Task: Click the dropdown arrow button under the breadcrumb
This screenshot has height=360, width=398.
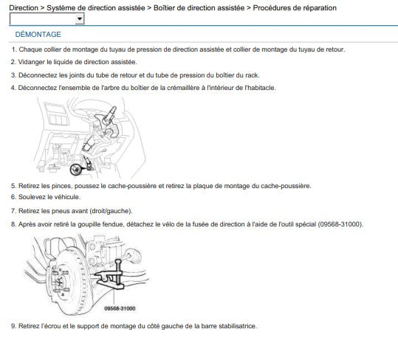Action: (x=80, y=19)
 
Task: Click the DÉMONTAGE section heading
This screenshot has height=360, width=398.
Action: (x=38, y=35)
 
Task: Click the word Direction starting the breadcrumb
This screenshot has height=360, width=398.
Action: (x=24, y=8)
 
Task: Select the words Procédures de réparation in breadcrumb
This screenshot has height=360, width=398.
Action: (x=295, y=8)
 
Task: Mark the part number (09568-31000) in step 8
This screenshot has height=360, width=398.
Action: (x=340, y=224)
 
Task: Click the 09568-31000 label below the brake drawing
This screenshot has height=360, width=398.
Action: (x=120, y=308)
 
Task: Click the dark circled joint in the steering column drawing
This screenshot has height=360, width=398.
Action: (x=75, y=170)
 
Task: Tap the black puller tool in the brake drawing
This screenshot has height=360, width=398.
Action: (x=111, y=275)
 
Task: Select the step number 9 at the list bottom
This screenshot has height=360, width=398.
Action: (x=13, y=326)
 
